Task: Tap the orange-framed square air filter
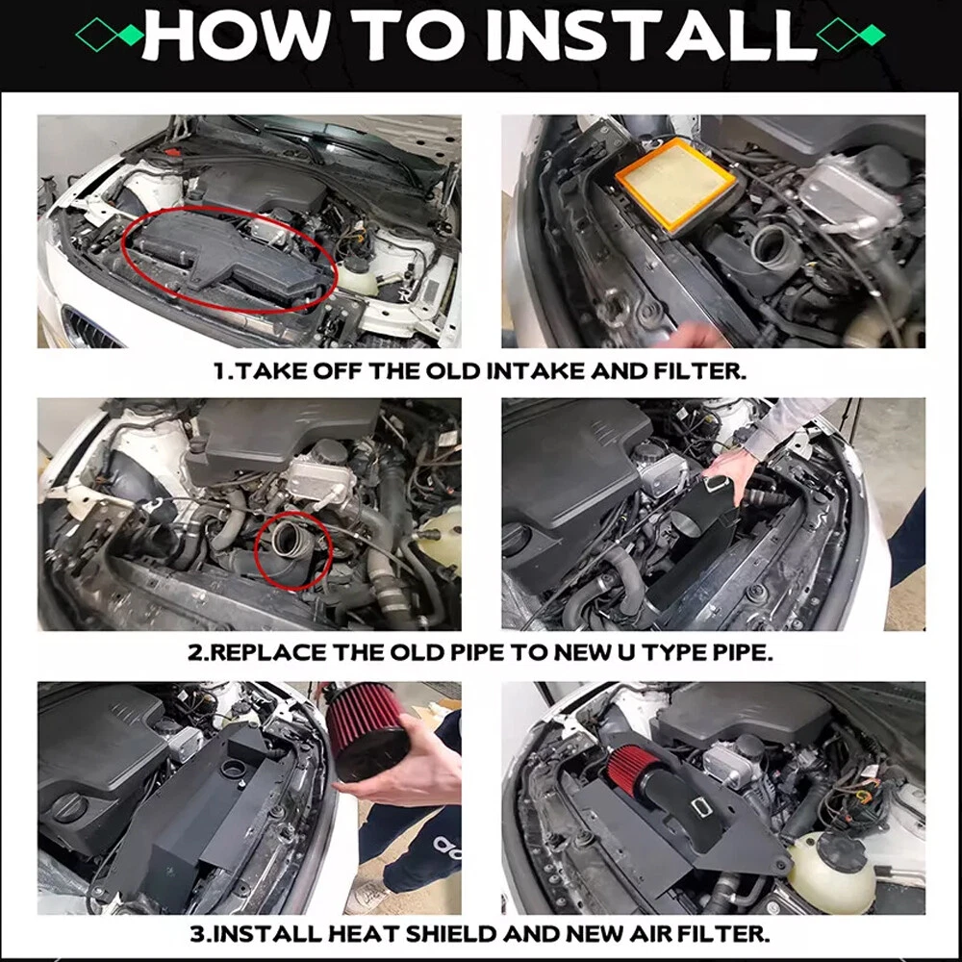tap(676, 183)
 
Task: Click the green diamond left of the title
tap(131, 35)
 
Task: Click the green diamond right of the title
tap(872, 35)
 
